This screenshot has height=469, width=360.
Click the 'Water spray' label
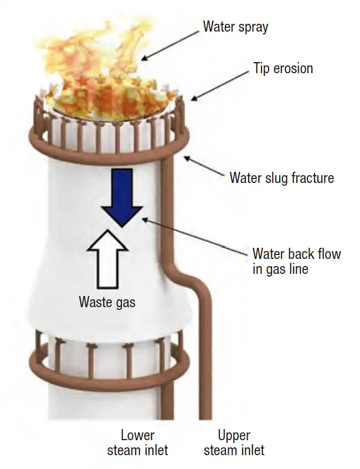(x=235, y=27)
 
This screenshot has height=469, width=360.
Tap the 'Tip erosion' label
(x=283, y=68)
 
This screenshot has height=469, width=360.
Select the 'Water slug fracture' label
(x=282, y=177)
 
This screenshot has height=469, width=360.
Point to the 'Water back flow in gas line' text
(x=297, y=261)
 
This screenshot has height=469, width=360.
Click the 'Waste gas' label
(x=107, y=302)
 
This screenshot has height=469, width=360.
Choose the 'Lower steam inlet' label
(x=137, y=443)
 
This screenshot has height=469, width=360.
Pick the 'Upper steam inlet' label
(x=234, y=443)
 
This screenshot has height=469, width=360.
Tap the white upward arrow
(x=107, y=259)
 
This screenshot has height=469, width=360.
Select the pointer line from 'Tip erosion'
(x=220, y=86)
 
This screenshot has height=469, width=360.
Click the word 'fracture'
(x=312, y=177)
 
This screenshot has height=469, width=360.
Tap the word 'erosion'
(x=293, y=68)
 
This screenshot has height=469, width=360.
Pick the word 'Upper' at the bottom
(x=234, y=436)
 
